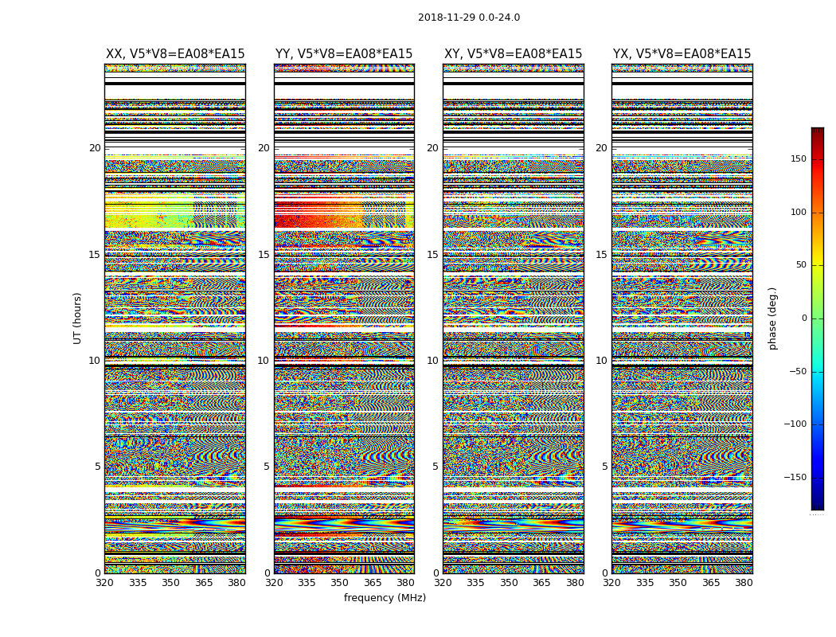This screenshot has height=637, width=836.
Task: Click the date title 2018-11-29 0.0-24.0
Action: [469, 18]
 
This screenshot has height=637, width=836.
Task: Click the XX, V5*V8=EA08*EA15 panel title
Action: [175, 54]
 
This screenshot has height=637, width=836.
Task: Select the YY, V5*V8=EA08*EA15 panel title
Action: [344, 54]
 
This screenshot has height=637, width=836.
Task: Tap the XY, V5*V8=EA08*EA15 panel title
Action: [513, 54]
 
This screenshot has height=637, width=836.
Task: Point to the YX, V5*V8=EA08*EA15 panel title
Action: [682, 54]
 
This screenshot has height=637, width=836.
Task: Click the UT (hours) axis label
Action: [77, 318]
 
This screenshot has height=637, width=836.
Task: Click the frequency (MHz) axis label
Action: [385, 598]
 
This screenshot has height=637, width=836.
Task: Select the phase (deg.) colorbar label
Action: [772, 318]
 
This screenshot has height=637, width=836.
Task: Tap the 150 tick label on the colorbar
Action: [798, 159]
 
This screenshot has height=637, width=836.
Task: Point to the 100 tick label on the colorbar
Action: [798, 213]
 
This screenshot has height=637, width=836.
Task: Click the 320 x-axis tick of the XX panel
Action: [105, 583]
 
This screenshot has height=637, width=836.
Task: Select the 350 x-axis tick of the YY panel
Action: [340, 583]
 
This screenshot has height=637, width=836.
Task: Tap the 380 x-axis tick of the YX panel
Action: [744, 583]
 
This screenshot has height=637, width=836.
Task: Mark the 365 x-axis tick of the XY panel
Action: [541, 583]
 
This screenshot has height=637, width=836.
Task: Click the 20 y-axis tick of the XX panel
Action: [95, 148]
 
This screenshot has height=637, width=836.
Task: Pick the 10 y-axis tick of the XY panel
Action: [432, 361]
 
